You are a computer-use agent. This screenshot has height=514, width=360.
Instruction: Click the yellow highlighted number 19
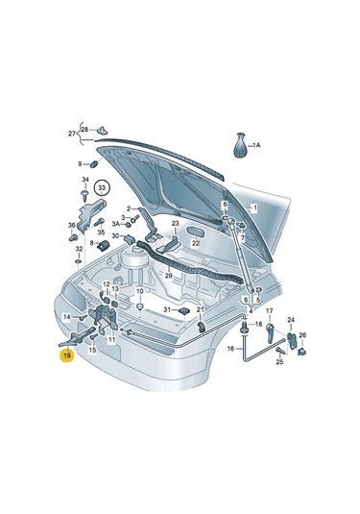pos(66,356)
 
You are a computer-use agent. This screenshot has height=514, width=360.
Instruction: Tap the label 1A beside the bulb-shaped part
pos(255,146)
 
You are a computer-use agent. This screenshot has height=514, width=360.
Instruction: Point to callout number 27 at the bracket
pos(71,133)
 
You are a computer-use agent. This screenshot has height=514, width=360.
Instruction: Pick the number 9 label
pos(81,164)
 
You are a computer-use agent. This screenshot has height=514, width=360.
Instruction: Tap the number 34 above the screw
pos(85,181)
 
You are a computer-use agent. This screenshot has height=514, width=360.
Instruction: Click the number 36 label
pos(73,227)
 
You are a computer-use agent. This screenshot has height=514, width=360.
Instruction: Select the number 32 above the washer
pos(79,249)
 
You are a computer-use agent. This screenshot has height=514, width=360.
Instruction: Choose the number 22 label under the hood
pos(195,244)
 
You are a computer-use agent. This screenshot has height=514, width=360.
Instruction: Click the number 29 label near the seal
pos(167,276)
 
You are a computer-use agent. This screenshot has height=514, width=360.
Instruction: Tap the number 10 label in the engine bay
pos(139,291)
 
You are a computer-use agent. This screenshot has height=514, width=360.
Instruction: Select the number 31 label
pos(165,309)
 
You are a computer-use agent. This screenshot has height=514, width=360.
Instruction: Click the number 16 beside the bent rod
pos(230,350)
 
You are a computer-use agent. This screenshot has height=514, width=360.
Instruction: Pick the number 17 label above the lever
pos(270,311)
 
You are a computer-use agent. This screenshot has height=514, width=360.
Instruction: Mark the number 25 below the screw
pos(279,362)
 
